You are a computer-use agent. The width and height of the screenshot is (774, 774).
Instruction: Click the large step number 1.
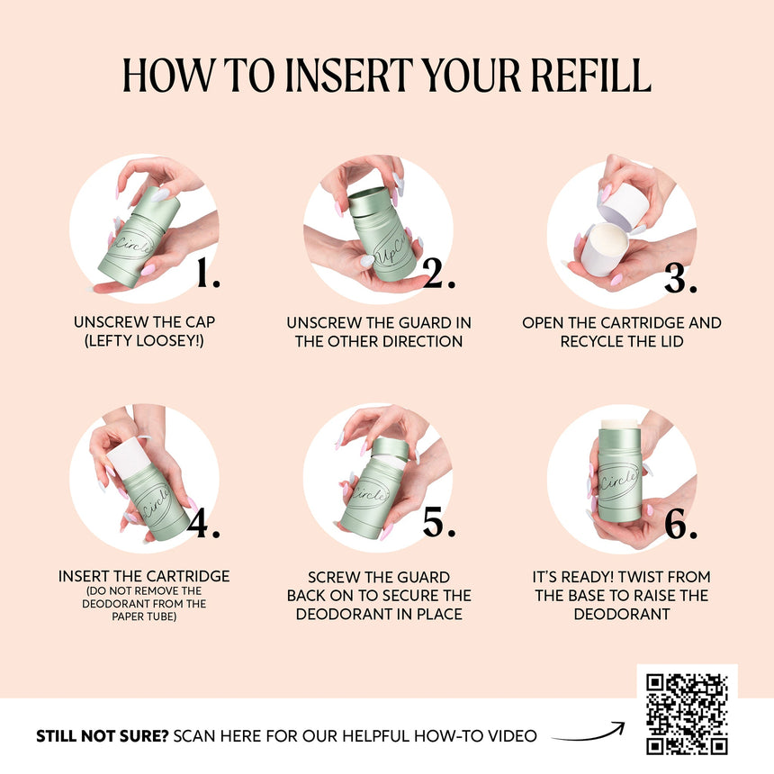(x=208, y=273)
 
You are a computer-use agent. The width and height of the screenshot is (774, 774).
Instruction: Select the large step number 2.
(x=439, y=273)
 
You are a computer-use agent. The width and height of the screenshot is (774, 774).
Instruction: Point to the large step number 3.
(x=680, y=279)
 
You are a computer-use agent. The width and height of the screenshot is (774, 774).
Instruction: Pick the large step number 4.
(x=203, y=524)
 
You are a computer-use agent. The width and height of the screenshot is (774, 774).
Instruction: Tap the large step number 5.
(x=439, y=522)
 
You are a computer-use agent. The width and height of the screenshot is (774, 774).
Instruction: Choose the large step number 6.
(x=680, y=524)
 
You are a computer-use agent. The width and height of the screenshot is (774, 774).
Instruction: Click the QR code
(x=687, y=714)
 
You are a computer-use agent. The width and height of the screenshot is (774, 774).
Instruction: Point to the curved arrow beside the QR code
(x=589, y=735)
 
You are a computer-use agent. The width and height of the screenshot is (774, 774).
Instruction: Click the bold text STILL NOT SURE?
(x=103, y=736)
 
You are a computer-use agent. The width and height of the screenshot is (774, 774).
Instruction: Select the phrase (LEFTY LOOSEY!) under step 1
(x=144, y=340)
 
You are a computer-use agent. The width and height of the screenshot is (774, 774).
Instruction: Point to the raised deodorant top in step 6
(x=620, y=424)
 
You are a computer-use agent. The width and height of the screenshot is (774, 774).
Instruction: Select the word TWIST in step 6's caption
(x=639, y=577)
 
